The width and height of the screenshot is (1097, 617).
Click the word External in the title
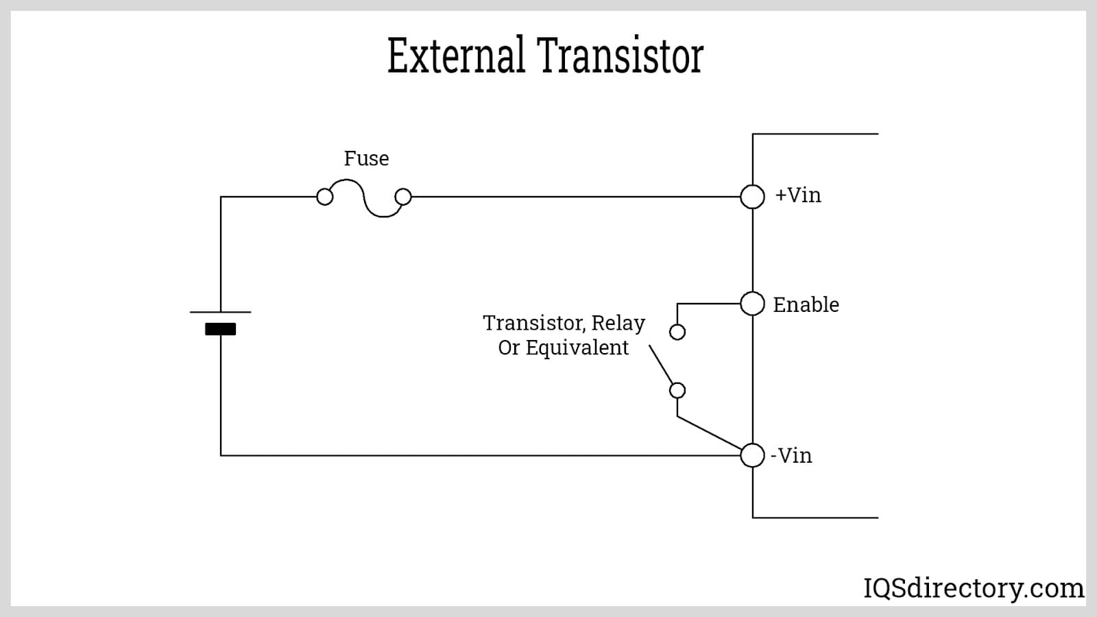456,56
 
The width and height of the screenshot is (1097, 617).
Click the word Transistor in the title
620,56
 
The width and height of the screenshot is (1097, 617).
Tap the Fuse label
366,158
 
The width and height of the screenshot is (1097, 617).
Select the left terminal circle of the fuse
325,197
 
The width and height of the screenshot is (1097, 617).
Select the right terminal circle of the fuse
403,197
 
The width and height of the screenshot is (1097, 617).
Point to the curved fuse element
364,198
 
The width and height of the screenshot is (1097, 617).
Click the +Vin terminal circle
752,197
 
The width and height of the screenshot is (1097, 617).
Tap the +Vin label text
797,195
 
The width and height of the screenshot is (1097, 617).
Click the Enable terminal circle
752,303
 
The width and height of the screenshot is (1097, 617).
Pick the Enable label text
806,304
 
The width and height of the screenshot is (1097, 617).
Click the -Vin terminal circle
752,455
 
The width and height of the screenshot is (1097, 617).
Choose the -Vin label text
791,456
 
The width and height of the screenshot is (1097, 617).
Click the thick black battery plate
220,329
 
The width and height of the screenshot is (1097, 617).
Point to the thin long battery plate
220,312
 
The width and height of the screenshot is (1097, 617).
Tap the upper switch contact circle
677,332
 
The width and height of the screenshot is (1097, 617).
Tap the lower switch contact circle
677,390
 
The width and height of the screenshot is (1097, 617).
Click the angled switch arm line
661,366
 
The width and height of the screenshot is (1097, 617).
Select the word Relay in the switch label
618,323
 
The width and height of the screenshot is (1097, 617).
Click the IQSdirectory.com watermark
973,588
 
